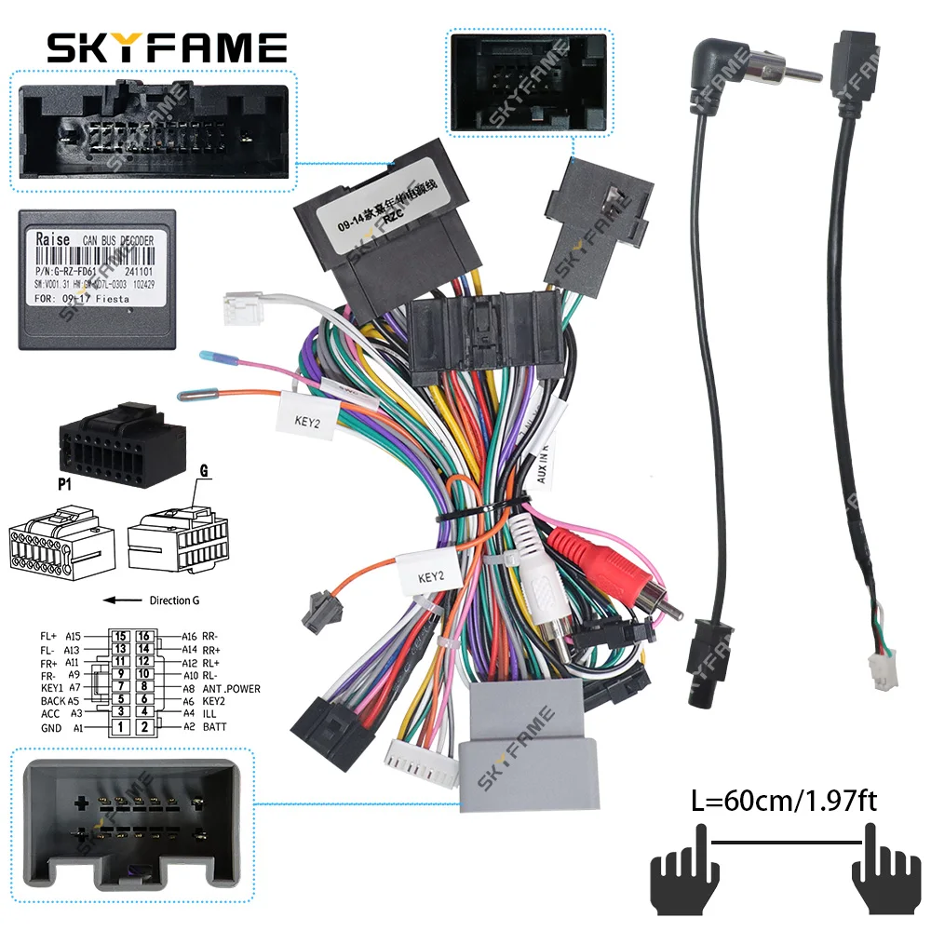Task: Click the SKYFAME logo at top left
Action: tap(168, 47)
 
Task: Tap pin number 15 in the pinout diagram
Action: tap(120, 636)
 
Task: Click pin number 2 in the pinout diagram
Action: tap(144, 726)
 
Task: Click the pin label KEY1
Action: tap(53, 689)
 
